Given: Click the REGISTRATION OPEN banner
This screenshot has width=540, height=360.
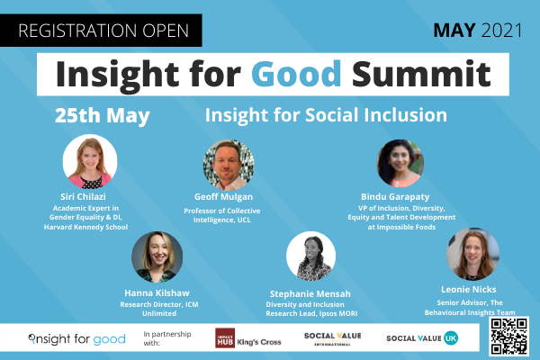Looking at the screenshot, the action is (x=101, y=31).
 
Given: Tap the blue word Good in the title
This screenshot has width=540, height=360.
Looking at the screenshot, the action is (x=296, y=74).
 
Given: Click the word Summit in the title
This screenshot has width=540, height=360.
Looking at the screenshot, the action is (x=421, y=74).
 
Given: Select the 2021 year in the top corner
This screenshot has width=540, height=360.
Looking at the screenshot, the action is (x=502, y=31).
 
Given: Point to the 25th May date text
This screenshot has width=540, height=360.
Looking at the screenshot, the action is (x=103, y=116).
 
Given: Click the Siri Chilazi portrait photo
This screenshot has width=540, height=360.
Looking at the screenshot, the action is (x=90, y=161).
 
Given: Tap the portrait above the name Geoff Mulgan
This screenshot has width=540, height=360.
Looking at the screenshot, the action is (x=229, y=165).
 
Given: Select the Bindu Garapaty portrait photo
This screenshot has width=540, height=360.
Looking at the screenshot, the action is (x=400, y=163).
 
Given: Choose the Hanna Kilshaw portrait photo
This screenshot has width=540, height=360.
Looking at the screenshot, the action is (x=157, y=257).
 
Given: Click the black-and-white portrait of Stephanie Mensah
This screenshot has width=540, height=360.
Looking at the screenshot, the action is (x=311, y=256).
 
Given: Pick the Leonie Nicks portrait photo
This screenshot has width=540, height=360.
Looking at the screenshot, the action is (x=472, y=254).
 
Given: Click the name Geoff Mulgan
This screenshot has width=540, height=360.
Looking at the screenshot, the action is (x=223, y=197).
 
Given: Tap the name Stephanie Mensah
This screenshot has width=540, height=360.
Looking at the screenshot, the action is (x=310, y=294).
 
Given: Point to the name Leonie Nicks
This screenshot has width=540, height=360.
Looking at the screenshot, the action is (x=469, y=290).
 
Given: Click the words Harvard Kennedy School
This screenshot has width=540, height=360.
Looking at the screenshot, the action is (x=85, y=227).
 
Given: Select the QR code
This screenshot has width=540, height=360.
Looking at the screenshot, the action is (x=509, y=337).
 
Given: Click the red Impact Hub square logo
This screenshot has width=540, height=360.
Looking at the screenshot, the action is (x=225, y=338).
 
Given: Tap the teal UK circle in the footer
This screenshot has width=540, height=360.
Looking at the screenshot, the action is (x=451, y=338).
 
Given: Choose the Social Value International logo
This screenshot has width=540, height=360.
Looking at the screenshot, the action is (x=333, y=338).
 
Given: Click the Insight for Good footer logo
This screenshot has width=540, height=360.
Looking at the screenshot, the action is (x=76, y=339).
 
